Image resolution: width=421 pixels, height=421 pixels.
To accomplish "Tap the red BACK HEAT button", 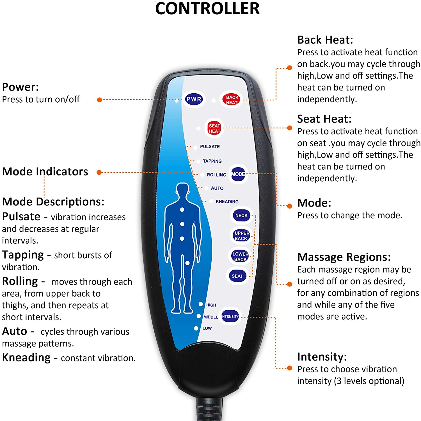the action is (232, 99).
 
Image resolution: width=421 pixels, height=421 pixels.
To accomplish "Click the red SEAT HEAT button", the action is (214, 128).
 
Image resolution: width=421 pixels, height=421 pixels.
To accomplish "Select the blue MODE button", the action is (238, 174).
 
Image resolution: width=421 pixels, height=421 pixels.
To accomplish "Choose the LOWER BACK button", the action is (240, 256).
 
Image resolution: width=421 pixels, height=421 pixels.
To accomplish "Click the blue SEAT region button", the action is (237, 276).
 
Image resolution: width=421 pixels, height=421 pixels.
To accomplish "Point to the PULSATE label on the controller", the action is (210, 146).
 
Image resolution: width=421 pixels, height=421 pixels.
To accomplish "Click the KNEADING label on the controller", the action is (227, 202).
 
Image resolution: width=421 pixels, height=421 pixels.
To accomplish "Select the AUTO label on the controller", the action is (217, 188).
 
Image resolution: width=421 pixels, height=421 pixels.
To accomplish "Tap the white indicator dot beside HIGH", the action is (201, 304).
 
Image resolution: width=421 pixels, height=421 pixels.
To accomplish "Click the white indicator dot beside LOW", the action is (196, 328).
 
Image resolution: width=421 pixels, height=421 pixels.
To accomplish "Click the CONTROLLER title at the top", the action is (207, 8).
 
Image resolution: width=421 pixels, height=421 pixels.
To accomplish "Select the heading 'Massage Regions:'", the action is (344, 257).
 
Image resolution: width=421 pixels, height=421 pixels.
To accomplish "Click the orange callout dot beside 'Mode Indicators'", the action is (99, 172).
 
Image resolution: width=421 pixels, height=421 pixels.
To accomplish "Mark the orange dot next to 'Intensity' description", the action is (290, 368).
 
